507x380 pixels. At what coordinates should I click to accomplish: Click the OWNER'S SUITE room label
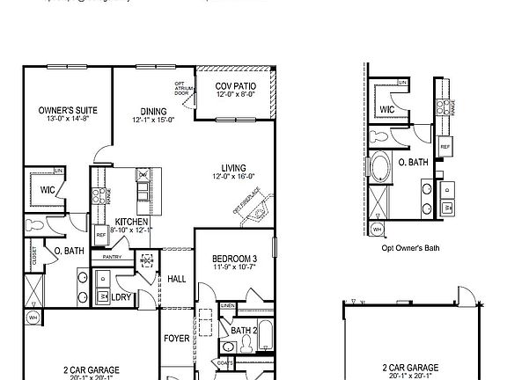point(68,110)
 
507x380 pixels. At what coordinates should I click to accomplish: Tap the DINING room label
point(154,111)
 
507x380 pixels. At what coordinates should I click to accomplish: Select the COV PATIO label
point(236,86)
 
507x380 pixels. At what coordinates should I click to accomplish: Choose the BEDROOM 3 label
point(233,259)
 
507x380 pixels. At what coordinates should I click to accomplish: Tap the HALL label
point(176,279)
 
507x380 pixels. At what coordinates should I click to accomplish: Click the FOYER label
point(176,338)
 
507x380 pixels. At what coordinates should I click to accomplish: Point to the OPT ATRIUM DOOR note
point(180,88)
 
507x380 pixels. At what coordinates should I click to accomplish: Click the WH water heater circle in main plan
point(33,317)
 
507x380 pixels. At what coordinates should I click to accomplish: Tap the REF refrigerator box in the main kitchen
point(101,236)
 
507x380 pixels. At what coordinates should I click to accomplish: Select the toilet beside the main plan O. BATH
point(33,225)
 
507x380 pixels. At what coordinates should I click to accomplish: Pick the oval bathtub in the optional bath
point(386,165)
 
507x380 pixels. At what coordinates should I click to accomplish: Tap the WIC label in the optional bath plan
point(387,110)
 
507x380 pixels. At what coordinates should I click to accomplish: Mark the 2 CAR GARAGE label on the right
point(411,369)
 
